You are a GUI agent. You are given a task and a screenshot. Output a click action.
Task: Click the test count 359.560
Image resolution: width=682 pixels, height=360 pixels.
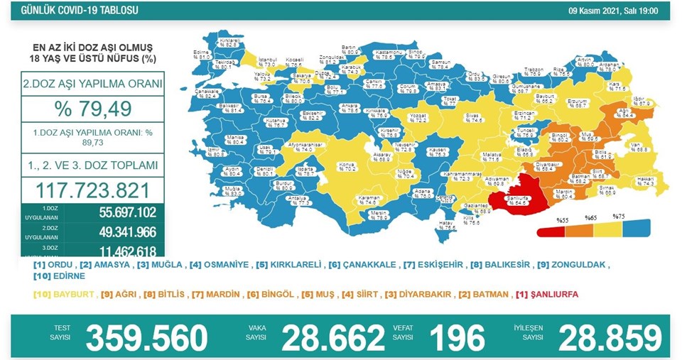(x=146, y=337)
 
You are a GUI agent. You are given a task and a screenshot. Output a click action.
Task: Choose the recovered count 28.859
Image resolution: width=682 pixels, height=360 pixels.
(x=610, y=337)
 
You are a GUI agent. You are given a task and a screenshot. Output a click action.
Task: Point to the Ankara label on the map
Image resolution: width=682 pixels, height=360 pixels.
(x=349, y=107)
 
